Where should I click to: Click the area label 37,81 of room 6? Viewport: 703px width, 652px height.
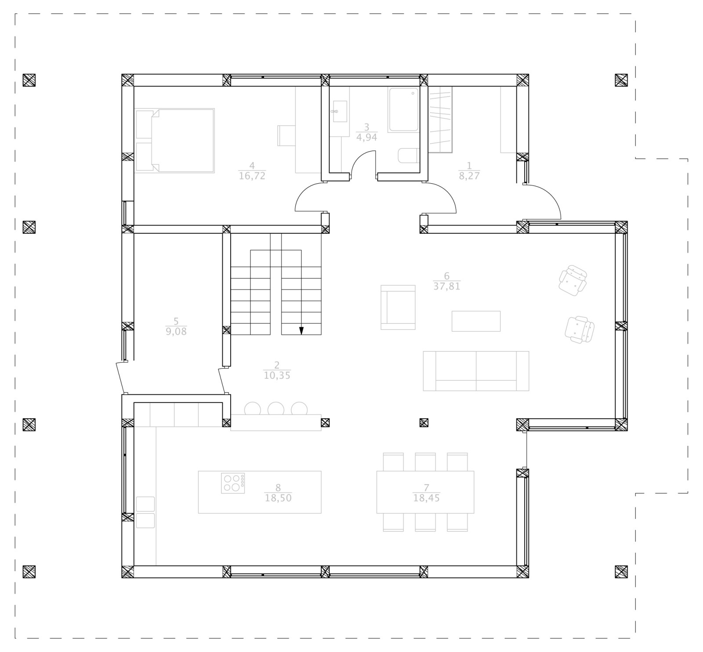tap(446, 286)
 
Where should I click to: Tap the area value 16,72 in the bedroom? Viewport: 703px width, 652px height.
tap(252, 176)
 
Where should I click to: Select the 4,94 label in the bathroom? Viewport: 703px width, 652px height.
tap(366, 137)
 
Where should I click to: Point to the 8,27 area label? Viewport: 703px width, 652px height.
tap(469, 176)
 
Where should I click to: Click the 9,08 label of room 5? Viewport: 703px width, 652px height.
tap(176, 332)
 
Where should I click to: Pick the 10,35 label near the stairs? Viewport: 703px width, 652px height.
tap(277, 376)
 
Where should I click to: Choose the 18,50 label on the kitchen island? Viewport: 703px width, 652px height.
tap(278, 498)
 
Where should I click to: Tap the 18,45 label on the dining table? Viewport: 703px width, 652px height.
tap(426, 498)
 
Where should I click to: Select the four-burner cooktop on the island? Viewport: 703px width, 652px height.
tap(233, 483)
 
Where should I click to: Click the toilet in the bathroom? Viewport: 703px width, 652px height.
tap(409, 156)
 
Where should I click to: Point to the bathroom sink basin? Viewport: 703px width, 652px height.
tap(340, 111)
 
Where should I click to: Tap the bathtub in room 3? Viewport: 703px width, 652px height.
tap(403, 110)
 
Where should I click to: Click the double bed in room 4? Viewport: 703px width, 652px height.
tap(176, 140)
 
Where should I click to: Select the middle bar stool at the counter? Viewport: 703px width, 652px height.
tap(276, 409)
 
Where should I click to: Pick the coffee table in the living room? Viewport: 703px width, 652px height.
tap(476, 321)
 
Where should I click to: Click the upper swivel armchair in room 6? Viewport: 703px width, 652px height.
tap(573, 280)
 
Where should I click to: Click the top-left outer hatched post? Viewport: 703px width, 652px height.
tap(29, 80)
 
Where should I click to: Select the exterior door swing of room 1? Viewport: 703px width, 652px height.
tap(547, 200)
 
